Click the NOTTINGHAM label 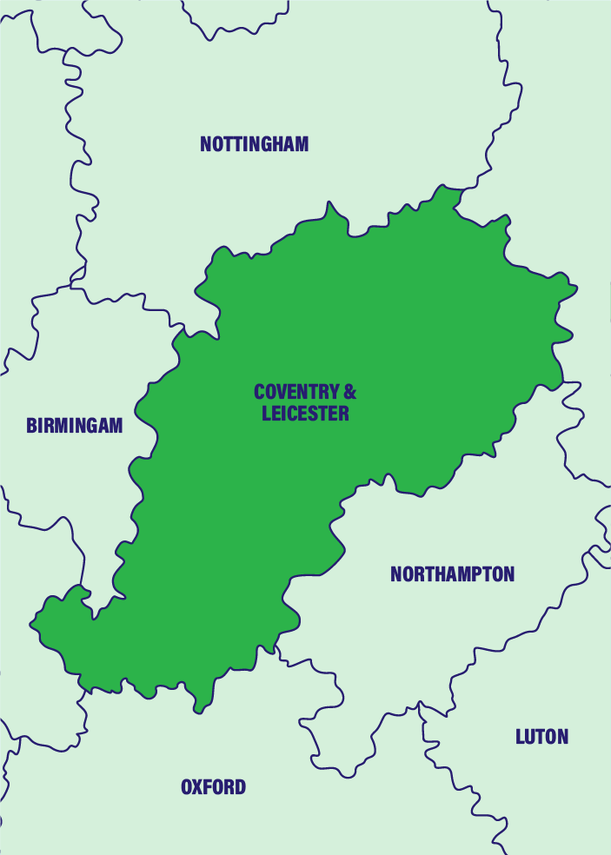click(x=254, y=144)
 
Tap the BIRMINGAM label click(x=74, y=426)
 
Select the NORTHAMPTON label click(x=452, y=574)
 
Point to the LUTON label click(x=541, y=737)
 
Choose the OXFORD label click(x=213, y=787)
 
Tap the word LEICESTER click(x=305, y=414)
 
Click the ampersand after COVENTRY click(x=349, y=393)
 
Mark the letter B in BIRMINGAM click(x=31, y=426)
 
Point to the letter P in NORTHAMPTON click(x=475, y=574)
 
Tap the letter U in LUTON click(x=531, y=737)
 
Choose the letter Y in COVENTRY click(x=333, y=393)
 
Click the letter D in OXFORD click(x=239, y=787)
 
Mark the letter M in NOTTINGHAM click(x=301, y=144)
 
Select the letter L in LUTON click(x=521, y=737)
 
